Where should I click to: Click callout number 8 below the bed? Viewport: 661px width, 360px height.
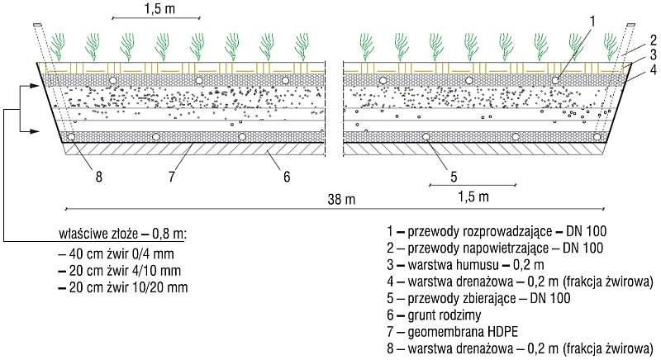click(98, 177)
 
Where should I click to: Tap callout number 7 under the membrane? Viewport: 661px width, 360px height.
click(171, 177)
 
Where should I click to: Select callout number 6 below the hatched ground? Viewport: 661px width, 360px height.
click(287, 177)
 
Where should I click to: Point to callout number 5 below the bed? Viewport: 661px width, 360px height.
click(454, 177)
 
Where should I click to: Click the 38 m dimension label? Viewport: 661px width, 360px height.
click(341, 199)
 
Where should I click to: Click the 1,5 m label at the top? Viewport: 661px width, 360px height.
click(159, 9)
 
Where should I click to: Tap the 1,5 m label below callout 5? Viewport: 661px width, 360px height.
click(473, 197)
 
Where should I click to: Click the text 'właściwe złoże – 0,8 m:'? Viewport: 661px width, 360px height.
click(123, 234)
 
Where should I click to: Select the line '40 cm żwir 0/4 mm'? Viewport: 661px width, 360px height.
click(117, 253)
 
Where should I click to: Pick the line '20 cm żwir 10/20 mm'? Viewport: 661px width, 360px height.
click(123, 287)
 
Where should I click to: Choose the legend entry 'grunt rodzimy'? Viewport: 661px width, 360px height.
click(434, 315)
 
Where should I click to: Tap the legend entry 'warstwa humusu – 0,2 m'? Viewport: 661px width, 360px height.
click(465, 265)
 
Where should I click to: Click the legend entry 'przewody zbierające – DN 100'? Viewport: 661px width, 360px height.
click(478, 299)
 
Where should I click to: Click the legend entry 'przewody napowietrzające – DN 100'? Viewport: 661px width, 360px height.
click(495, 248)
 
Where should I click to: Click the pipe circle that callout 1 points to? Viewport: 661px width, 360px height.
click(555, 80)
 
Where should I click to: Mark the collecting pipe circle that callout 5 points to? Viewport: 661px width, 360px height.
click(426, 136)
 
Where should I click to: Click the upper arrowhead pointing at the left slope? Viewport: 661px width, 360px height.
click(36, 86)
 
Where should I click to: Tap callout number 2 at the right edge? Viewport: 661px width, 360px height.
click(653, 40)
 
